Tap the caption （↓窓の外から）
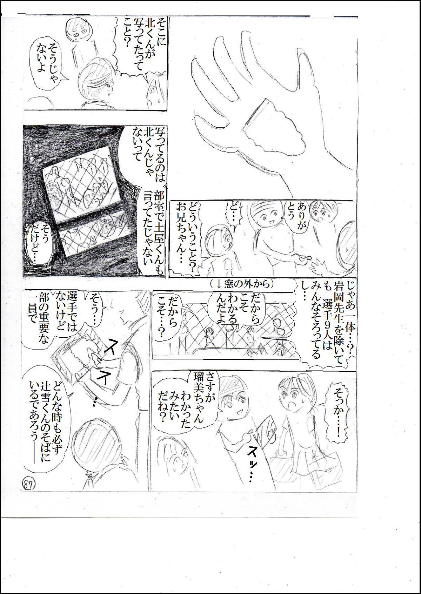pos(241,284)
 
